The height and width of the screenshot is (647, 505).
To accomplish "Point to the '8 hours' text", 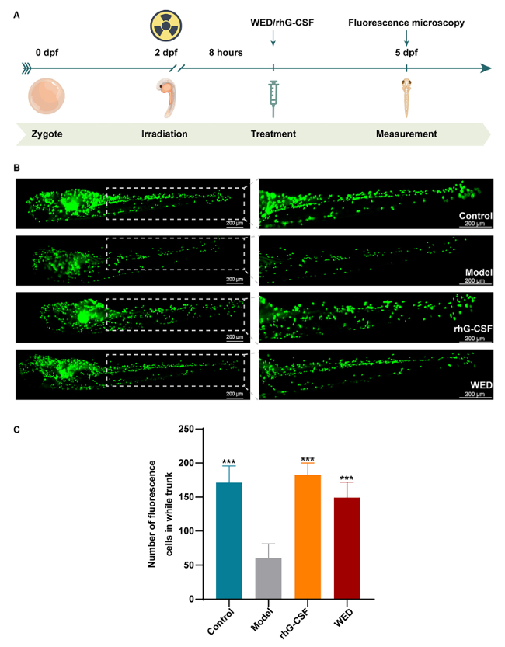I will (225, 53).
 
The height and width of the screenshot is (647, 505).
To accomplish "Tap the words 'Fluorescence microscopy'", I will (406, 23).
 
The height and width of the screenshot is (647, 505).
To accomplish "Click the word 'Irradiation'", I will (165, 134).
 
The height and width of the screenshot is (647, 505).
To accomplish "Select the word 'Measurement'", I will (406, 134).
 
